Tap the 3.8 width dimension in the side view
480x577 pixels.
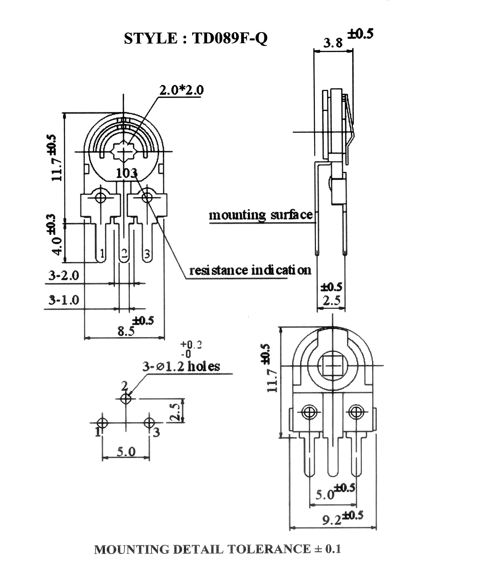point(333,43)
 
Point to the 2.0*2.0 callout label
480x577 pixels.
point(182,90)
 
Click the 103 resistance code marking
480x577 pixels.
point(126,173)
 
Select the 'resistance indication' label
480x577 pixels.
point(250,270)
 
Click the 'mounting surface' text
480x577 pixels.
point(261,215)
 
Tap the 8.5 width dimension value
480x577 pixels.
point(126,331)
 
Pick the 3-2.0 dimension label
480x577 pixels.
point(64,276)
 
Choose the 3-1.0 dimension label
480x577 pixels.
point(64,300)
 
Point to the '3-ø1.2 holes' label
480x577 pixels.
point(181,367)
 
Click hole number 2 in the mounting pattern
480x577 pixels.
point(126,399)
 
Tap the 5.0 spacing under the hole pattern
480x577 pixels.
point(126,452)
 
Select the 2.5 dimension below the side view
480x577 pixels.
point(331,300)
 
